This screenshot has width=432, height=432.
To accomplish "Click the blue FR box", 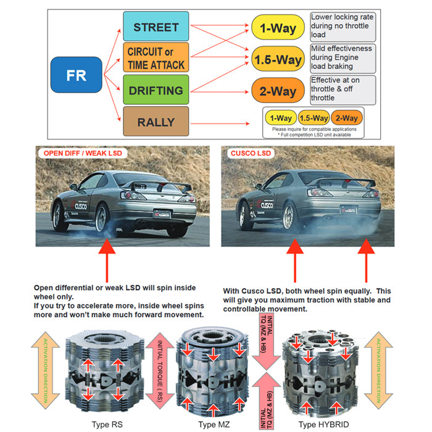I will click(77, 75).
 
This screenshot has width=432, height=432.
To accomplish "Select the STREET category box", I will click(156, 27).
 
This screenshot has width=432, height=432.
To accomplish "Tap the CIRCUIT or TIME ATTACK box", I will click(156, 57).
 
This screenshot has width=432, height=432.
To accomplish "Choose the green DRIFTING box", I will click(156, 90).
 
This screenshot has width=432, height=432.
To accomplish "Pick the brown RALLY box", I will click(156, 122).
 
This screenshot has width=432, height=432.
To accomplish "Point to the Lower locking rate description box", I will click(343, 26).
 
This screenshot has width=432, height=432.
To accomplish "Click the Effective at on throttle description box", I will click(343, 89).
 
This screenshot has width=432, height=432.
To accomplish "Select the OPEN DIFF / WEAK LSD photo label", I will click(80, 154).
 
